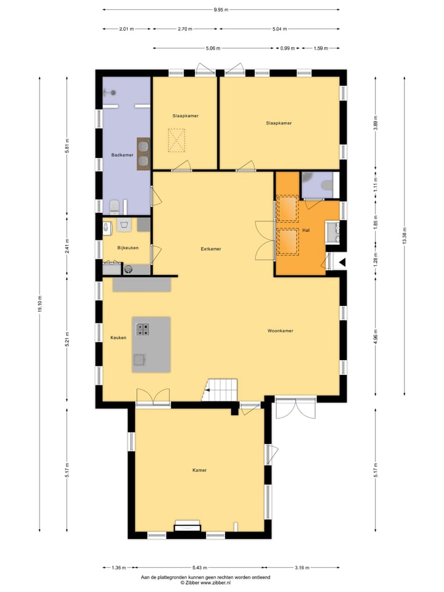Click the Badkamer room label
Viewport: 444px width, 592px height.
[122, 155]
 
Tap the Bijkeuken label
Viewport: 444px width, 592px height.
[128, 247]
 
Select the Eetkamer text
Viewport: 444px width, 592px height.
[211, 249]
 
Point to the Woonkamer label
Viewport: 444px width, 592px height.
[280, 331]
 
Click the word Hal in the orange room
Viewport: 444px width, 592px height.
[305, 231]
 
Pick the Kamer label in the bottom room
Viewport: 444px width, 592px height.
[199, 470]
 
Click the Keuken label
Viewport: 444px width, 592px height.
[118, 337]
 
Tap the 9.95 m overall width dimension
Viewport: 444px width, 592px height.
[221, 10]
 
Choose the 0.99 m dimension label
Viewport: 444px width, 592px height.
[287, 48]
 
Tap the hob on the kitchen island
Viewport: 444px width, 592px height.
[142, 329]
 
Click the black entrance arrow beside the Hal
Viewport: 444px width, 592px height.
[342, 262]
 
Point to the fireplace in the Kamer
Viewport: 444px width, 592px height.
[187, 525]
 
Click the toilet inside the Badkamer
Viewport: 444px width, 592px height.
[114, 206]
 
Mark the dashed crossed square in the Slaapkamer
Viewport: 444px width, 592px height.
[177, 139]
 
